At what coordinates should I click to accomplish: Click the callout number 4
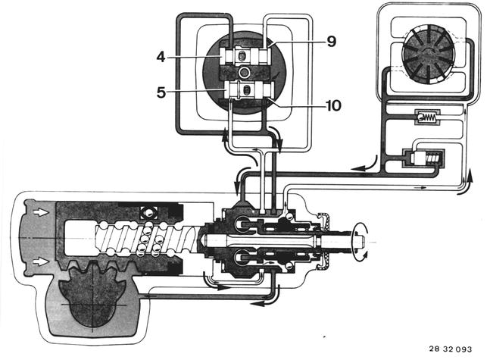(161, 58)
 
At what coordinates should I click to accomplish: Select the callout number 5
(161, 92)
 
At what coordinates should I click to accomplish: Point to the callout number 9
(332, 41)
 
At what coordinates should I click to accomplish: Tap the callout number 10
(333, 105)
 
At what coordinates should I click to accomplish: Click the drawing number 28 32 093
(451, 349)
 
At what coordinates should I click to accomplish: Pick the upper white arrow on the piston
(41, 212)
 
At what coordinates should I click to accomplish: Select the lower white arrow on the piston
(41, 261)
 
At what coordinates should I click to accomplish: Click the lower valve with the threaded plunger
(424, 158)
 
